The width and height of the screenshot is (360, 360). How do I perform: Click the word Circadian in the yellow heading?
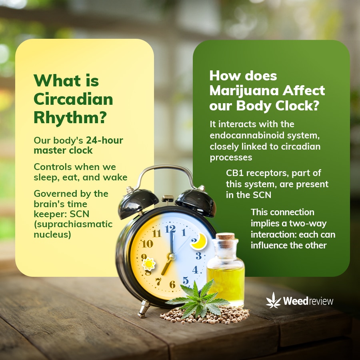tap(73, 99)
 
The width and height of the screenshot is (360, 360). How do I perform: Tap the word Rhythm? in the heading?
tap(70, 118)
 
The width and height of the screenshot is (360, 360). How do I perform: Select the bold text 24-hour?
tap(104, 140)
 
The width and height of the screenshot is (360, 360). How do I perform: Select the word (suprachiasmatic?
tap(73, 224)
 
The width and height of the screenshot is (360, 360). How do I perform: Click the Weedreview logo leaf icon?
tap(273, 300)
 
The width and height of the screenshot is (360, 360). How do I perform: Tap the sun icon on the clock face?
tap(148, 264)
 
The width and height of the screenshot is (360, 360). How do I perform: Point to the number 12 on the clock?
tap(170, 229)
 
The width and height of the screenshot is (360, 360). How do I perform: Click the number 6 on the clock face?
tap(172, 284)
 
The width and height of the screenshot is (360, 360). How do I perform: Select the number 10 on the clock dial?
tap(147, 244)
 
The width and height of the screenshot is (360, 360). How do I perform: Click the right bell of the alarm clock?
tap(196, 202)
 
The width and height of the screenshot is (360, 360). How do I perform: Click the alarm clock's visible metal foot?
tap(144, 309)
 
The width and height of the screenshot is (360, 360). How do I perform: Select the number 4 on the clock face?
tap(195, 270)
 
